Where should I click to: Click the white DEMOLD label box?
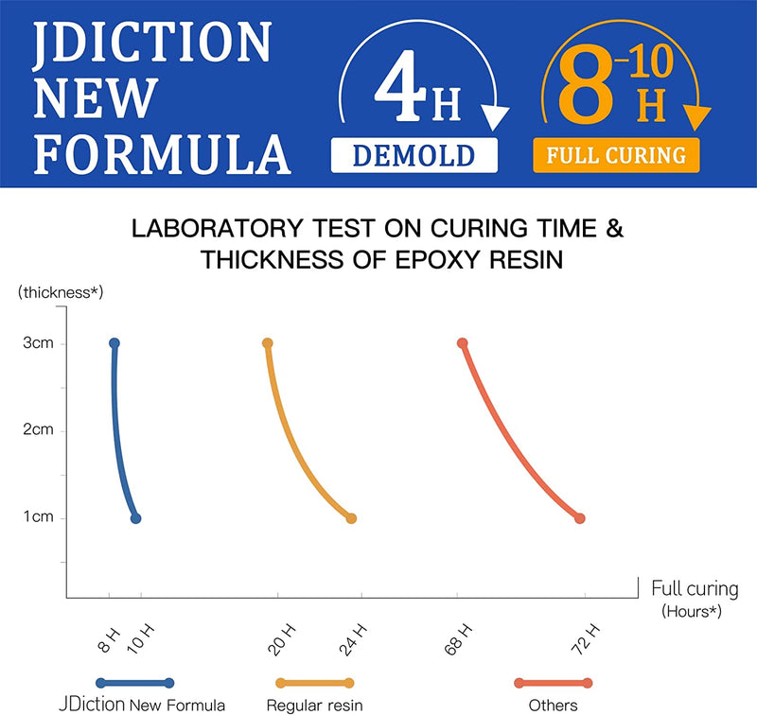414,155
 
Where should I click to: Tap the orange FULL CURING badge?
616,154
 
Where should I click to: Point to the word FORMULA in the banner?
155,151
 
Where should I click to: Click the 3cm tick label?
38,343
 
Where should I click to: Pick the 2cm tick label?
38,430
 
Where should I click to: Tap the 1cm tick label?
38,518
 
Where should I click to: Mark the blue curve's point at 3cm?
114,343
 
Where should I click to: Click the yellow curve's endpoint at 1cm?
351,518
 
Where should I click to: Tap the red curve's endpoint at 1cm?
580,518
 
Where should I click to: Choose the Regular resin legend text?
314,705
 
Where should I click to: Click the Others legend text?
554,705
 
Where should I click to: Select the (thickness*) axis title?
60,293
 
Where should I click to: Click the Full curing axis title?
695,589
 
